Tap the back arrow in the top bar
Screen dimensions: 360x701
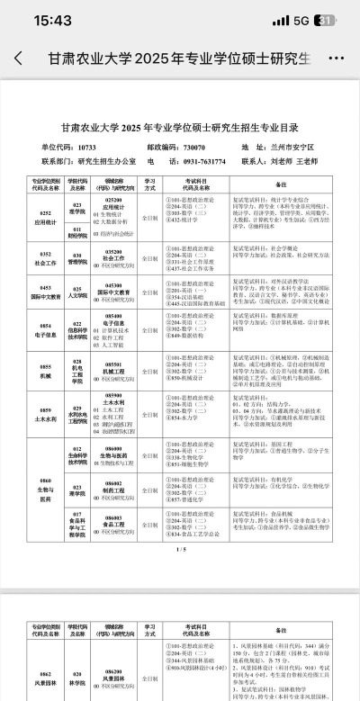coord(19,58)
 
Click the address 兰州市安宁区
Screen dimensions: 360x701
coord(296,146)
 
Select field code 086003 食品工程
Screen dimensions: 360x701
coord(113,522)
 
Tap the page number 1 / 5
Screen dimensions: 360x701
coord(180,548)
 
